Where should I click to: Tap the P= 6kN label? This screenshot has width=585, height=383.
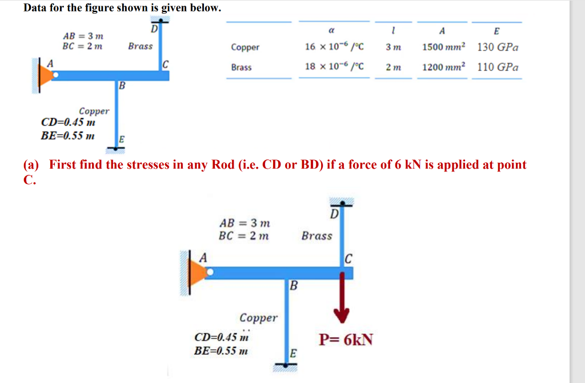click(x=346, y=340)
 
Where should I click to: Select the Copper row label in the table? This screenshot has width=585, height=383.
click(x=245, y=47)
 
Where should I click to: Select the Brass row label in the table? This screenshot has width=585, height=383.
click(x=241, y=67)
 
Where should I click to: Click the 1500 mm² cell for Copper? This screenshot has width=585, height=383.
click(x=444, y=47)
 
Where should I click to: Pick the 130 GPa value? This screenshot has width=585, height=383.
click(x=498, y=47)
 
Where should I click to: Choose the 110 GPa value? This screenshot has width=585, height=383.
click(x=498, y=67)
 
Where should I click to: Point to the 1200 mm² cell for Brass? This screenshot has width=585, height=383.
click(x=444, y=67)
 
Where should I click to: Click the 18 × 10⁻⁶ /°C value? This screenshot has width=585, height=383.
click(x=335, y=67)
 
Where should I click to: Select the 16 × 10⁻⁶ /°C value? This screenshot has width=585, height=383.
click(x=335, y=47)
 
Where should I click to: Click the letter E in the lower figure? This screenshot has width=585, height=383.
click(x=293, y=353)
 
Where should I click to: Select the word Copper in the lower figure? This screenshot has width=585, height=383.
click(x=258, y=318)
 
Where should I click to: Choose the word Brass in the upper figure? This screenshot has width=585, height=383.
click(x=140, y=46)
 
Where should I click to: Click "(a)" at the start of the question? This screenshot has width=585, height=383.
click(x=31, y=165)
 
